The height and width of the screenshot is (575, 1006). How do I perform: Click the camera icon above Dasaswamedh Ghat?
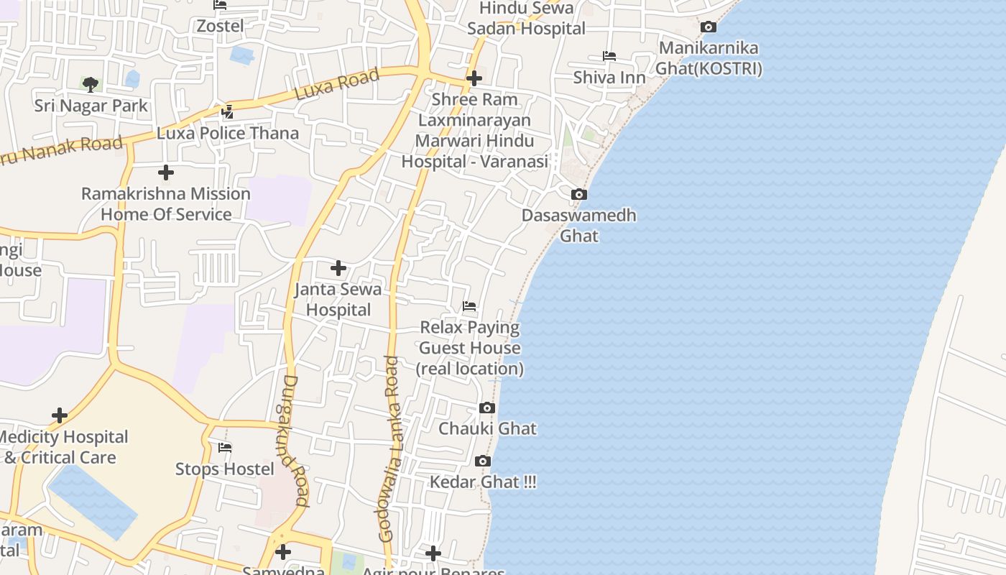coord(578,195)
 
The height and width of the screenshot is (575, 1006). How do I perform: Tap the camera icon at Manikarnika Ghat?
coord(709,27)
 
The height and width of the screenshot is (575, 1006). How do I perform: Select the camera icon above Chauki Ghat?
coord(486,408)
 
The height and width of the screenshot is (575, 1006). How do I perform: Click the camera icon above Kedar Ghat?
coord(483,461)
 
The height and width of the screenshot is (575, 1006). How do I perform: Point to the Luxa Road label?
coord(337,86)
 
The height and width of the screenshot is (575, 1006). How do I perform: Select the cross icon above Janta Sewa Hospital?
coord(338,269)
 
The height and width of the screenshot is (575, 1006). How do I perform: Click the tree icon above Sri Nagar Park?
coord(91,86)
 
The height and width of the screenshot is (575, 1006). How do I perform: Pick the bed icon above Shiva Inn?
coord(609,56)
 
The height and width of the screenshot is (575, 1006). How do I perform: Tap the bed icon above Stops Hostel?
coord(225,448)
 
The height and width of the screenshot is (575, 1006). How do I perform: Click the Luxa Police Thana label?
coord(228,134)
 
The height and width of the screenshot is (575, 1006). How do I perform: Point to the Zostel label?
coord(221,26)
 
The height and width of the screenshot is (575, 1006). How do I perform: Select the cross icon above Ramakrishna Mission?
coord(166,172)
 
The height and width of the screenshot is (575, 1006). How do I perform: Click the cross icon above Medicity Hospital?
coord(60,415)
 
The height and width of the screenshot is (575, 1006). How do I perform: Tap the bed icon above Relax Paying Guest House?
coord(469,307)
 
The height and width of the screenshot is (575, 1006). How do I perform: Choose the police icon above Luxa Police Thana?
coord(228,111)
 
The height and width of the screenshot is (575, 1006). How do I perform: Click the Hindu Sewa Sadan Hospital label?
coord(527,19)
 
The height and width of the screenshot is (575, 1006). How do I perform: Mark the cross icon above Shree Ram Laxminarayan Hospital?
coord(474,78)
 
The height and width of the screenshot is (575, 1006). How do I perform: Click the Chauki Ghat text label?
coord(488,429)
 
